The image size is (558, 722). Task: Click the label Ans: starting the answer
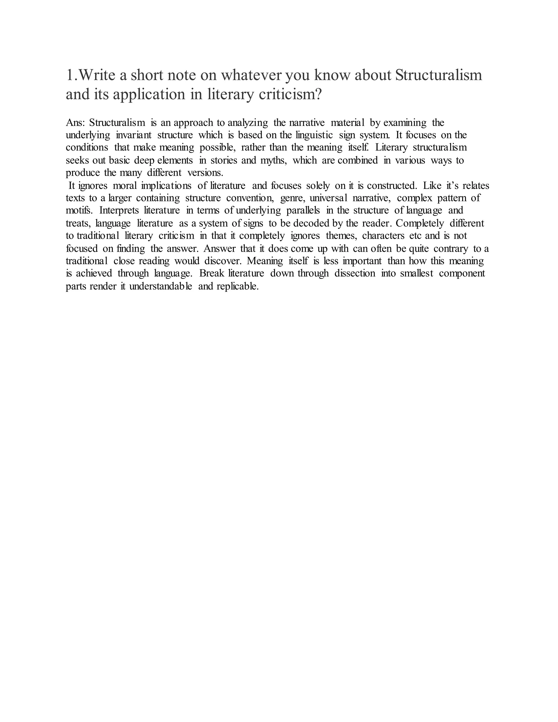pyautogui.click(x=76, y=123)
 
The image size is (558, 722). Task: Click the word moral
pyautogui.click(x=125, y=186)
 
